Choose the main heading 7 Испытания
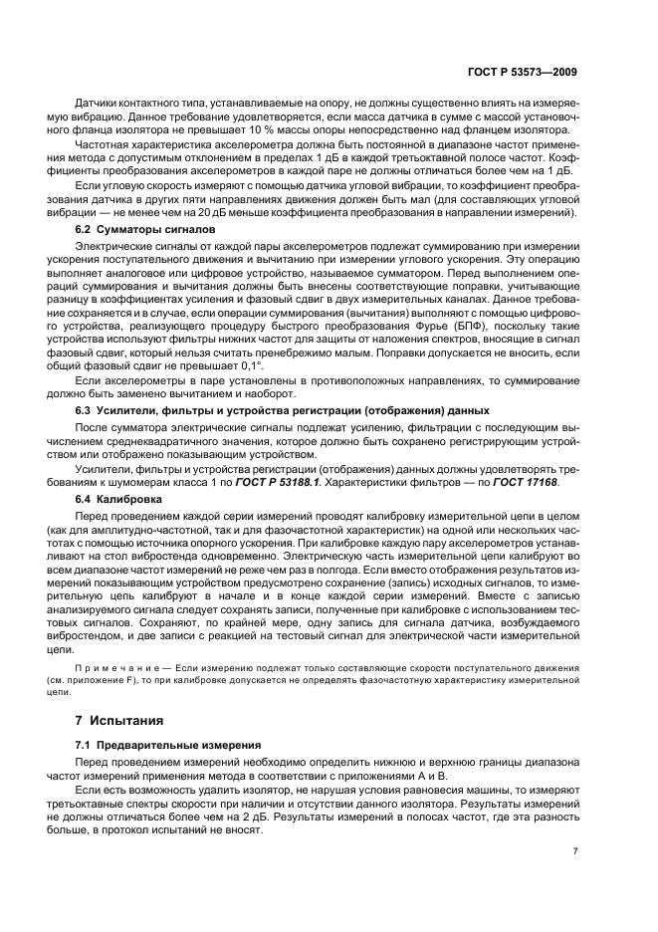pyautogui.click(x=121, y=720)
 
